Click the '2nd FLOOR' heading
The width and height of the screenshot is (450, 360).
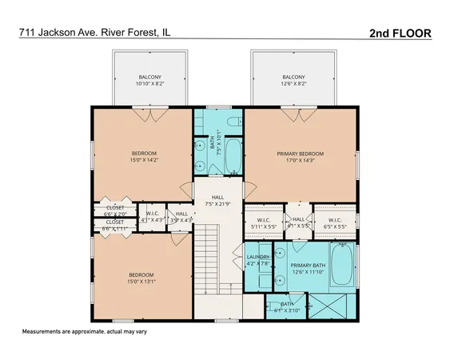click(400, 33)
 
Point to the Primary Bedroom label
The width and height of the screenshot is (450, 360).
click(300, 157)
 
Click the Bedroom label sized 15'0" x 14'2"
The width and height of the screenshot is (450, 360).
click(144, 157)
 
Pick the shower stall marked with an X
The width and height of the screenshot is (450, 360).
click(329, 306)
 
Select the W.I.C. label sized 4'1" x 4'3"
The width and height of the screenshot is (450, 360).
click(152, 217)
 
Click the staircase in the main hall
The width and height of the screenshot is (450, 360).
click(207, 255)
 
